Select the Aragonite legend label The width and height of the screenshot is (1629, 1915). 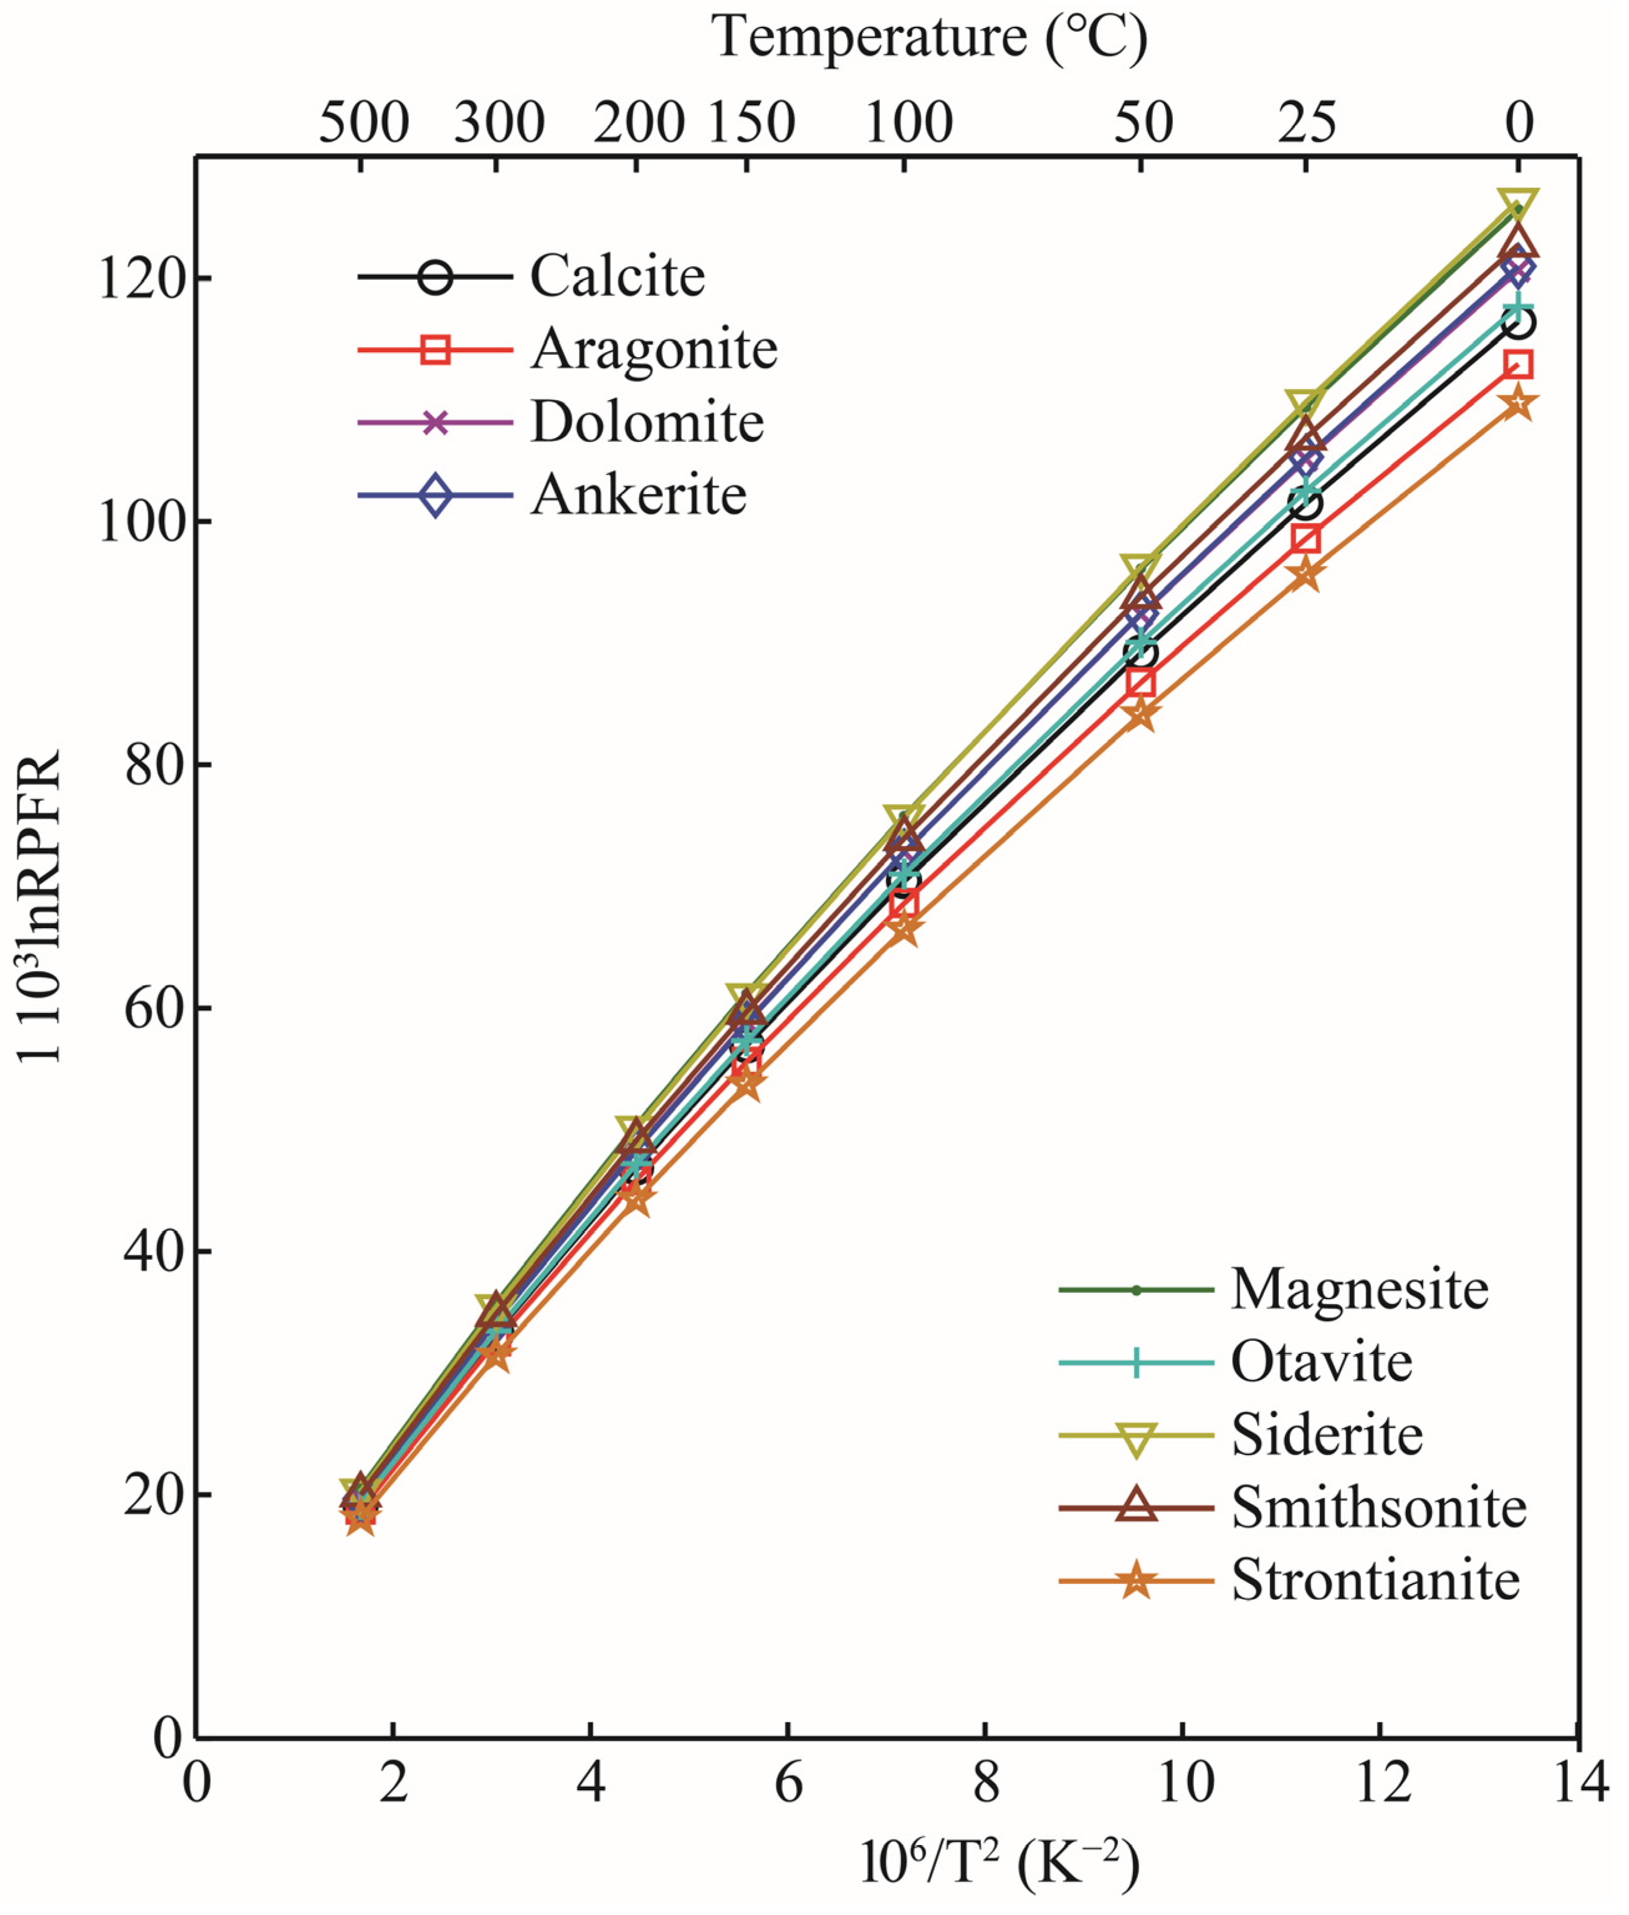(x=653, y=349)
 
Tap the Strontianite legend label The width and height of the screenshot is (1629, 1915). (x=1375, y=1581)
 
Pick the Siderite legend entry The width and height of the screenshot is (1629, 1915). (x=1326, y=1434)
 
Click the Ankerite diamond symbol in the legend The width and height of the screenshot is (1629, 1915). (x=435, y=496)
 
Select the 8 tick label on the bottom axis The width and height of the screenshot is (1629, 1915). (x=986, y=1782)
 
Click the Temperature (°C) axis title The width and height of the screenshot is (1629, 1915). (x=929, y=39)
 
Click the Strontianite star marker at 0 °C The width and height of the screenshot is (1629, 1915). (x=1518, y=404)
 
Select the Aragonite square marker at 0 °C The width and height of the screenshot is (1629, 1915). (x=1518, y=365)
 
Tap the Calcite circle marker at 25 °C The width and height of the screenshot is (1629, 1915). (x=1305, y=504)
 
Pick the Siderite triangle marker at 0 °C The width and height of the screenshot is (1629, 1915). (x=1518, y=201)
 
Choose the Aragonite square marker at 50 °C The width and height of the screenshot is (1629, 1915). (x=1140, y=684)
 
